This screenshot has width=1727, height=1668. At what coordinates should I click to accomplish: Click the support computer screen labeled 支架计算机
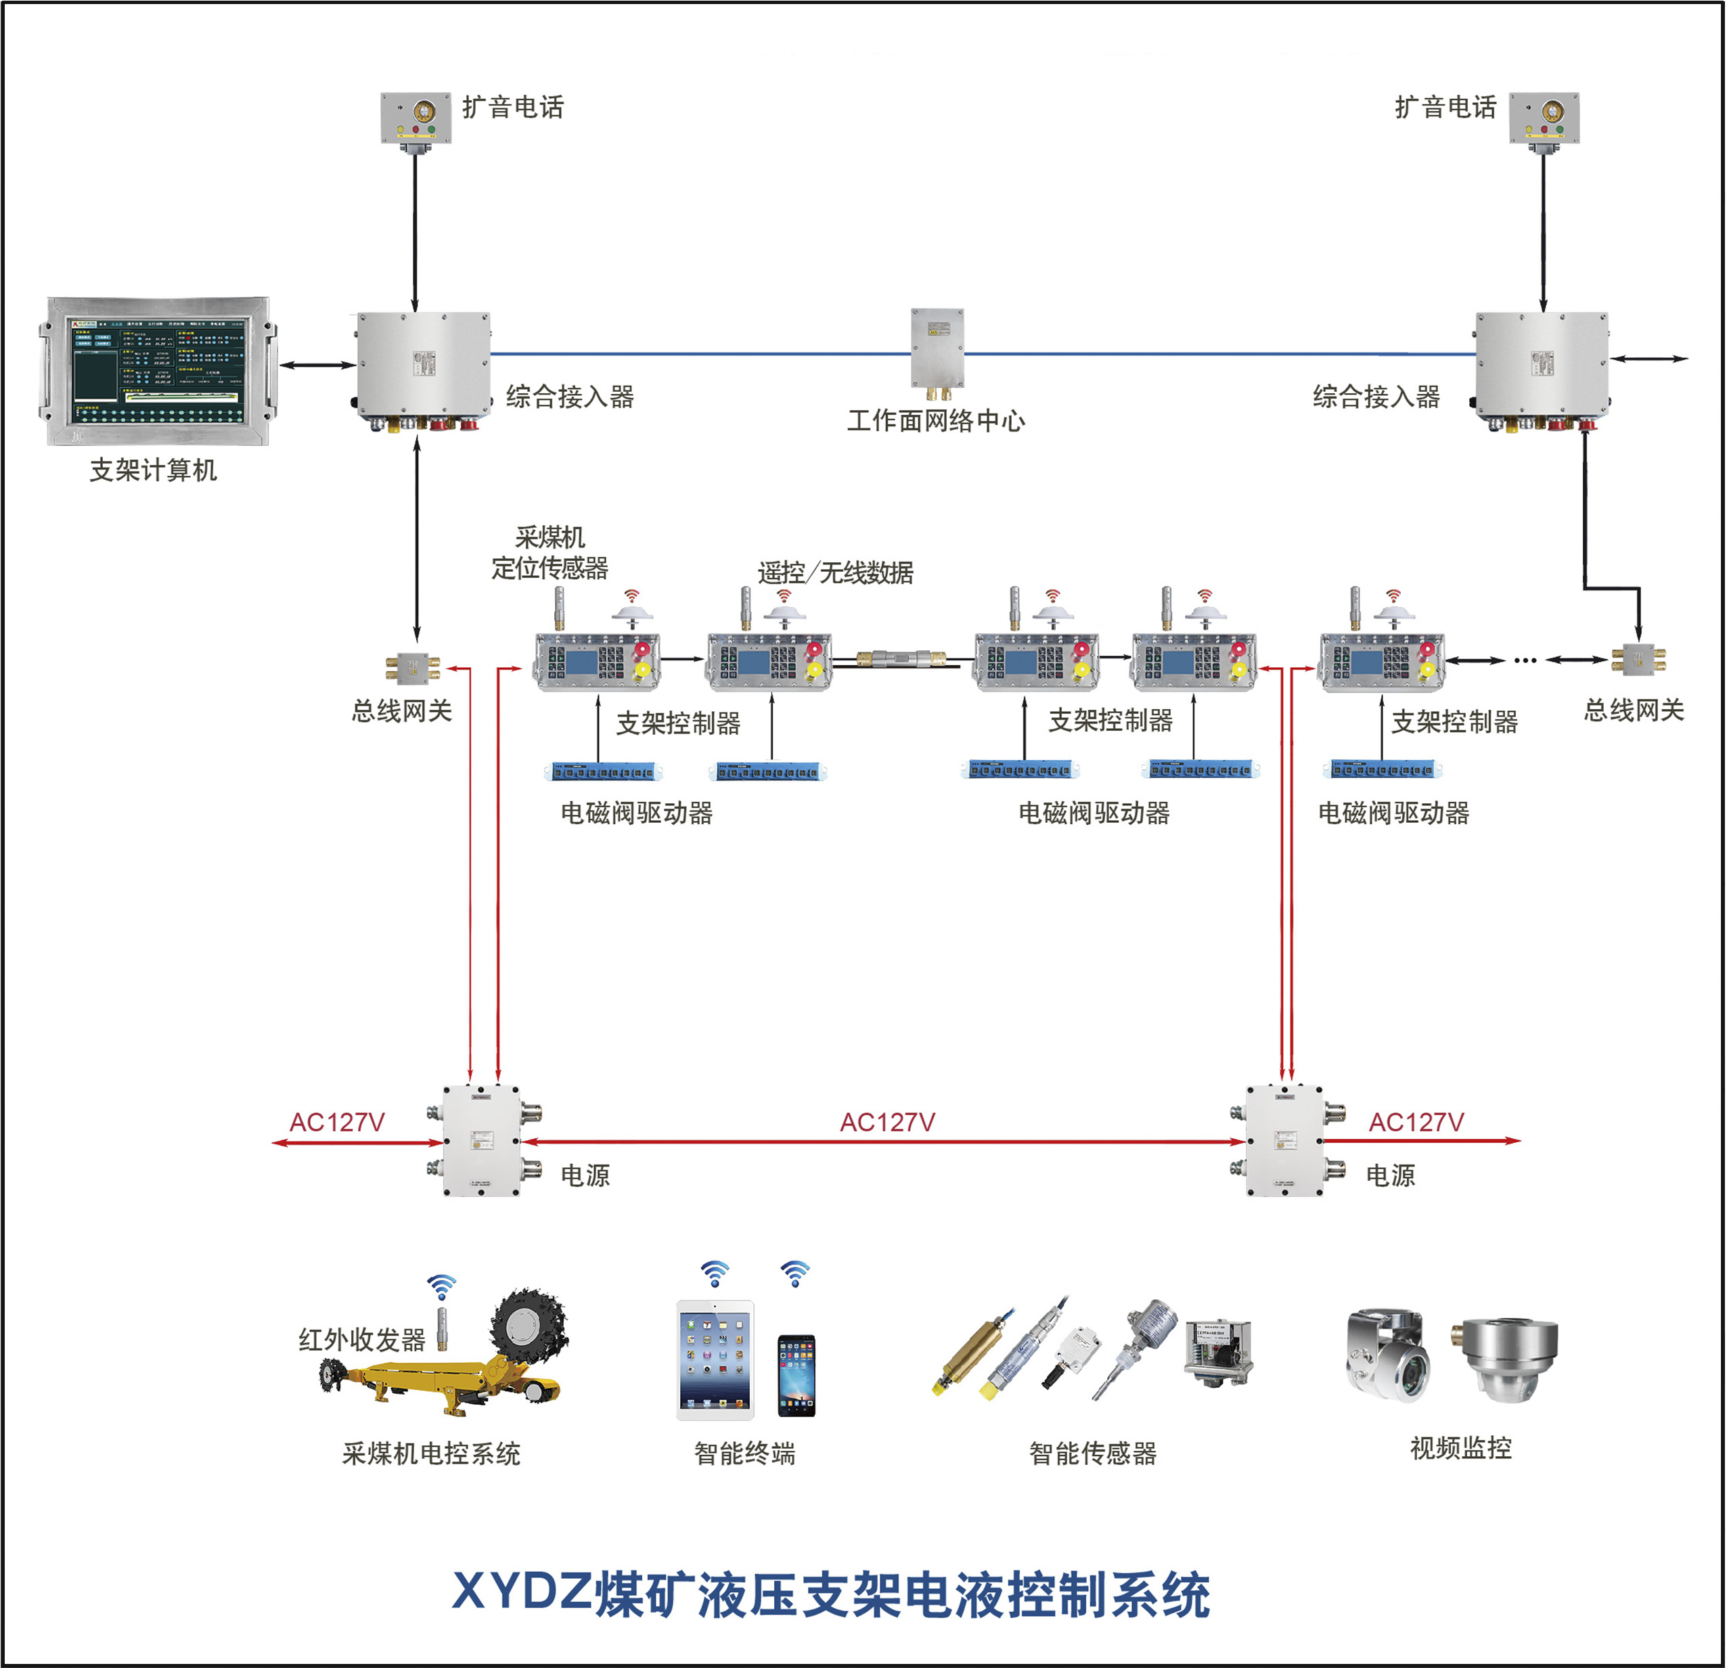pyautogui.click(x=158, y=371)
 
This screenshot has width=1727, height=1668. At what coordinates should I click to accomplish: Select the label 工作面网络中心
pyautogui.click(x=936, y=420)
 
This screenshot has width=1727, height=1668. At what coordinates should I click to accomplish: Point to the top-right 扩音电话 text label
pyautogui.click(x=1444, y=108)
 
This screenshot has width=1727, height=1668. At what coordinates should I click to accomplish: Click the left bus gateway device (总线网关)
pyautogui.click(x=412, y=667)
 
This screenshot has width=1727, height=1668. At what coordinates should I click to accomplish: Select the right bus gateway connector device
pyautogui.click(x=1638, y=658)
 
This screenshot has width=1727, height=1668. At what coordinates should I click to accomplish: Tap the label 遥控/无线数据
pyautogui.click(x=834, y=572)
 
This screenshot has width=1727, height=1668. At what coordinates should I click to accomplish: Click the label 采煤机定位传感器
pyautogui.click(x=549, y=552)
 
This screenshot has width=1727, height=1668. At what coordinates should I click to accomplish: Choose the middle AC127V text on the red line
pyautogui.click(x=887, y=1122)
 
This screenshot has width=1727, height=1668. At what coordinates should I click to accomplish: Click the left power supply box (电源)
pyautogui.click(x=481, y=1140)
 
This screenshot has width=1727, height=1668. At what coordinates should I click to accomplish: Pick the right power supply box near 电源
pyautogui.click(x=1284, y=1140)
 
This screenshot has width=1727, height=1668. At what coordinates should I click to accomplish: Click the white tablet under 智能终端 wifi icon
pyautogui.click(x=715, y=1359)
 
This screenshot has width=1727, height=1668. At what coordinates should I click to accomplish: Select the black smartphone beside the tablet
pyautogui.click(x=797, y=1376)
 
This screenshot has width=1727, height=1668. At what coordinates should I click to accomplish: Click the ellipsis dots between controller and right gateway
pyautogui.click(x=1525, y=660)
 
